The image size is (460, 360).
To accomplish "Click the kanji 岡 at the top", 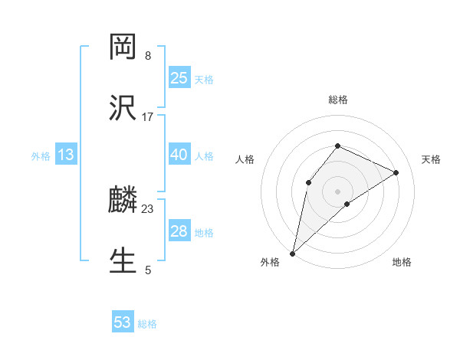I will click(123, 47).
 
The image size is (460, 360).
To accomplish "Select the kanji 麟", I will click(123, 201).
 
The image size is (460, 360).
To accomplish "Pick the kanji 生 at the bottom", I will click(123, 261).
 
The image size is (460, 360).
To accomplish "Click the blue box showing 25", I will click(179, 77).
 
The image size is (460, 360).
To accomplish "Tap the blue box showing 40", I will click(179, 154).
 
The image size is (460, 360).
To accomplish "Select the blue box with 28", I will click(179, 231).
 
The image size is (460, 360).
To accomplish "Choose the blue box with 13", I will click(66, 155).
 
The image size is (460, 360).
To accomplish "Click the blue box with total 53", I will click(123, 322).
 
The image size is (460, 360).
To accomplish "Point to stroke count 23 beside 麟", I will click(148, 209).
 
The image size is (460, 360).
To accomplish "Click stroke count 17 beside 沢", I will click(148, 116).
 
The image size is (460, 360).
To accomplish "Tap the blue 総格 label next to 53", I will click(147, 324).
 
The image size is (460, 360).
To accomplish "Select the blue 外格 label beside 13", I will click(41, 155).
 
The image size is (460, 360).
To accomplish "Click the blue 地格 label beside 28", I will click(204, 232).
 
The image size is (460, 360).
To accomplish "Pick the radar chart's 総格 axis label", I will click(337, 100).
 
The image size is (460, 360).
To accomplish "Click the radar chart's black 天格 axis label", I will click(431, 159).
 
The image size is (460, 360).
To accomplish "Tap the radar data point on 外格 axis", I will click(292, 253).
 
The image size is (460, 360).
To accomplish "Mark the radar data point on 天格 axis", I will click(396, 172).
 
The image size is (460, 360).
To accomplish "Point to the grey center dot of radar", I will click(337, 191).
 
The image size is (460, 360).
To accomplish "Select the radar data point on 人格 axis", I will click(308, 182).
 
